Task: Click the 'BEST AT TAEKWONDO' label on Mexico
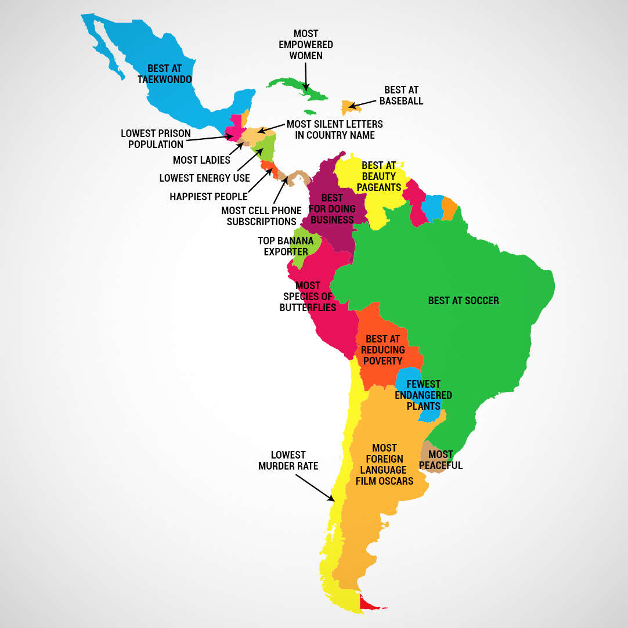tap(164, 74)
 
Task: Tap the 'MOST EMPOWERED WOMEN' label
tap(306, 45)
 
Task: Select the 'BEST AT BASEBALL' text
tap(401, 96)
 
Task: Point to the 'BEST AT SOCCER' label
tap(463, 301)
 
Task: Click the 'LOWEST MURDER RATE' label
tap(288, 460)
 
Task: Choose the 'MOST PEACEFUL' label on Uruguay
tap(441, 460)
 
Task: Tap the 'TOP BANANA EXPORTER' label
tap(286, 246)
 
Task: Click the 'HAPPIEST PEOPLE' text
tap(208, 197)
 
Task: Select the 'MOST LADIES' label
tap(201, 160)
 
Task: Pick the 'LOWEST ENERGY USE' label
tap(204, 178)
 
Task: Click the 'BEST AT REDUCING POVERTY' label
tap(383, 350)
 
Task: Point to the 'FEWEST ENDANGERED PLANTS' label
tap(424, 395)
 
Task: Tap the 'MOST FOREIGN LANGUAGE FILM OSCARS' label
tap(384, 464)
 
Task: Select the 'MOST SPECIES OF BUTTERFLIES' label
tap(308, 297)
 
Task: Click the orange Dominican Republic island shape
tap(348, 107)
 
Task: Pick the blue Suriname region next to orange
tap(432, 208)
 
